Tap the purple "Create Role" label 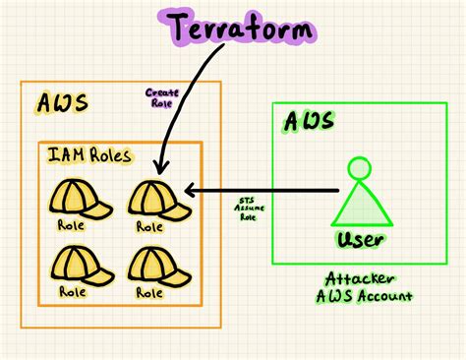click(160, 99)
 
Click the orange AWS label click(61, 105)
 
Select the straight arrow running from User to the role click(265, 189)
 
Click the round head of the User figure click(360, 168)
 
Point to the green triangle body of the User click(360, 206)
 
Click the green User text click(360, 239)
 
